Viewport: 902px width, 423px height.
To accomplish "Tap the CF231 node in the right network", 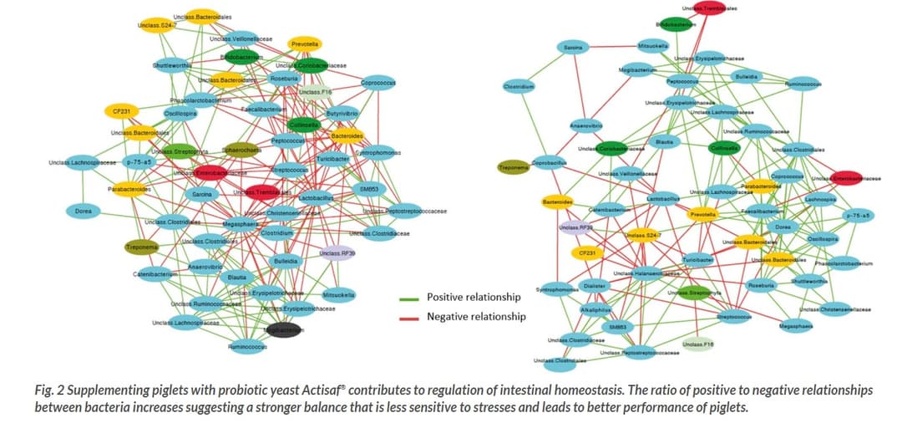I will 586,252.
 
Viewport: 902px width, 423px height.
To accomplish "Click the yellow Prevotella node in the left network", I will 305,43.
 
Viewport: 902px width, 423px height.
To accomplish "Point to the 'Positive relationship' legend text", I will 474,297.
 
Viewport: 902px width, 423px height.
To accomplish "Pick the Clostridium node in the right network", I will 519,86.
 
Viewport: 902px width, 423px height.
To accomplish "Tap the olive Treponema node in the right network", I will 514,167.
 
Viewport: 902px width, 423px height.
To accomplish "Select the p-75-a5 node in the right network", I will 858,216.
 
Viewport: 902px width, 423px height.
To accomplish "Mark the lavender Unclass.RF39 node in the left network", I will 337,253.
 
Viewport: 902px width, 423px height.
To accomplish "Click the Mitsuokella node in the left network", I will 338,294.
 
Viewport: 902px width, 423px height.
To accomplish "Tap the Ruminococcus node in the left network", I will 246,346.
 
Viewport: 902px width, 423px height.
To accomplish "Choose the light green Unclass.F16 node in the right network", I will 697,344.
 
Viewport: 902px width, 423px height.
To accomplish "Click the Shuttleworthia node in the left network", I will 172,65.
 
